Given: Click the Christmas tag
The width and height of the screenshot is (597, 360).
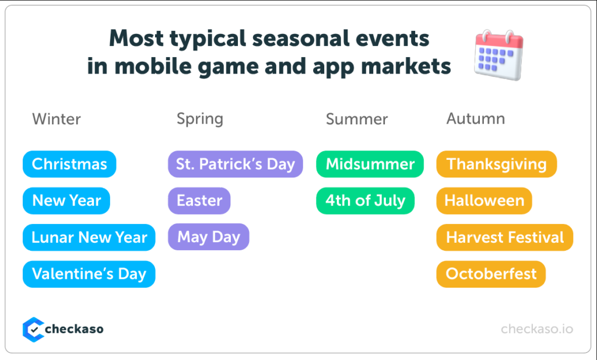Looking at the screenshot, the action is [x=69, y=164].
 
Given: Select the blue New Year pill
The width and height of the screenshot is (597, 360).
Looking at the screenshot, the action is [x=66, y=201].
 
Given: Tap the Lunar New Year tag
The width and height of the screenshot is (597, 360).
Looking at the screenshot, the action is [x=89, y=237].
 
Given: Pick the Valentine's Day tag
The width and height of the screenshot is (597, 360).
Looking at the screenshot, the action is [x=89, y=274].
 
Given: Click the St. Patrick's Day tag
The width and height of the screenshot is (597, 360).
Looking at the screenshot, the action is [x=236, y=164].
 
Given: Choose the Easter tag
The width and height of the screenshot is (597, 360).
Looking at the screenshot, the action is [x=199, y=201].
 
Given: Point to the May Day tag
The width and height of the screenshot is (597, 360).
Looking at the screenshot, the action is [x=209, y=237].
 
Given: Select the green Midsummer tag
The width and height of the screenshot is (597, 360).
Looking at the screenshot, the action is [x=370, y=164].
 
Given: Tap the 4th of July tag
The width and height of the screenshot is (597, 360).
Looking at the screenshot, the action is [x=365, y=201].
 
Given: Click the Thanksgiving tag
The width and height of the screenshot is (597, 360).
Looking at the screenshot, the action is [x=497, y=164].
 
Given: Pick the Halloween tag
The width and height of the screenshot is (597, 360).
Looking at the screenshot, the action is [x=484, y=201].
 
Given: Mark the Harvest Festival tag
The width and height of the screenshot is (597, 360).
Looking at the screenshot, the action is [x=504, y=237].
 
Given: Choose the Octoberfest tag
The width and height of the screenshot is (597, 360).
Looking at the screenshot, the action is [x=491, y=274].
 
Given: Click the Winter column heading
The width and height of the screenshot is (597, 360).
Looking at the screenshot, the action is [x=57, y=119].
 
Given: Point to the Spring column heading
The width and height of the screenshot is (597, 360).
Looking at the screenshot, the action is [x=200, y=120].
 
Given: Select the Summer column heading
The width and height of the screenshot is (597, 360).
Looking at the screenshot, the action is [x=357, y=119].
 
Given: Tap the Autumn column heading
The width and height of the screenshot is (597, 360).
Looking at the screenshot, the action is [x=476, y=119].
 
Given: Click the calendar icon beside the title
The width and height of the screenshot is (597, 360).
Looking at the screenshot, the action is [x=499, y=55].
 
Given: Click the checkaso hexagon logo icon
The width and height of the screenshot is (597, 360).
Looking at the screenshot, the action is [x=33, y=330].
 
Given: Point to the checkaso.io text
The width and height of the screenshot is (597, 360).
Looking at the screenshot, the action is [x=537, y=329].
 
